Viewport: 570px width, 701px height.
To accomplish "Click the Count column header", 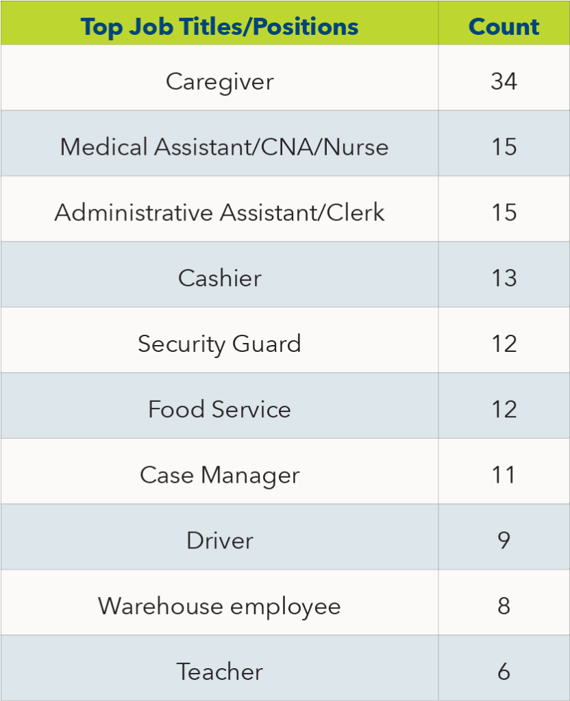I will [x=504, y=27].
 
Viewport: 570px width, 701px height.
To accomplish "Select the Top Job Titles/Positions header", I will [x=219, y=27].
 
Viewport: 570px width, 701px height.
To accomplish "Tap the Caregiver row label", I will [x=219, y=81].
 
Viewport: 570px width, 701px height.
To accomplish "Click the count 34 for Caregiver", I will [x=504, y=81].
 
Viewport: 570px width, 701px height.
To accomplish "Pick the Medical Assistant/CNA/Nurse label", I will [x=224, y=146].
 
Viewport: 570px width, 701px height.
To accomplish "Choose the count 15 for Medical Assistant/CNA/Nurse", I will [x=504, y=146].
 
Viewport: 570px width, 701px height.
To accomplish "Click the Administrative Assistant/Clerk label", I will [x=219, y=212].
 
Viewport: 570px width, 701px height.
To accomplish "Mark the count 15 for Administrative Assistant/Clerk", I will [x=504, y=212].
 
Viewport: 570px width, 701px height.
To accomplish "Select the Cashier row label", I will [x=219, y=278].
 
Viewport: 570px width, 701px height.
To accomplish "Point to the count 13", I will [x=504, y=278].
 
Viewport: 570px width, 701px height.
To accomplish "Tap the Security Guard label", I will [x=219, y=343].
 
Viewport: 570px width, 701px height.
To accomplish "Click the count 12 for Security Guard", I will [x=504, y=343].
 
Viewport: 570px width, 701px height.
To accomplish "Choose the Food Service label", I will [x=219, y=409].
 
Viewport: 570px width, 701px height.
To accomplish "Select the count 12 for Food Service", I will [x=504, y=409].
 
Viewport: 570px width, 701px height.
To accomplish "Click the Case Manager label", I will [x=219, y=475].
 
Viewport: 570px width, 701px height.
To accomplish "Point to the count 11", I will [x=504, y=475].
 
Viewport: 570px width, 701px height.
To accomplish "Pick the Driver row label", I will [x=219, y=540].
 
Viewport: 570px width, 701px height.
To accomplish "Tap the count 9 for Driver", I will [x=504, y=540].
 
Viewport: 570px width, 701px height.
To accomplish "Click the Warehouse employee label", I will [x=219, y=606].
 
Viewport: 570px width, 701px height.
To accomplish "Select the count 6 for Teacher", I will [x=504, y=672].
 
